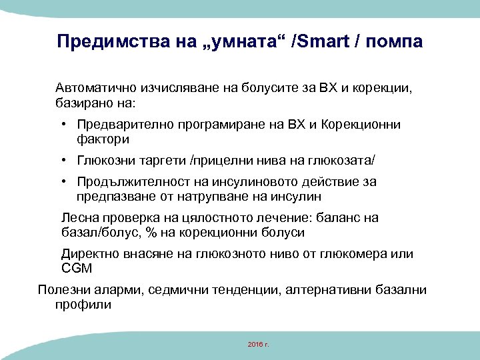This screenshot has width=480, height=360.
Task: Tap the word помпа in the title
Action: [x=395, y=42]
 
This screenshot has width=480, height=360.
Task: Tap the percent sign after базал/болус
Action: [x=150, y=233]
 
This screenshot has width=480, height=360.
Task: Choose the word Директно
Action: [x=89, y=254]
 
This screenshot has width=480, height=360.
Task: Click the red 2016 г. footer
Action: [x=257, y=344]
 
